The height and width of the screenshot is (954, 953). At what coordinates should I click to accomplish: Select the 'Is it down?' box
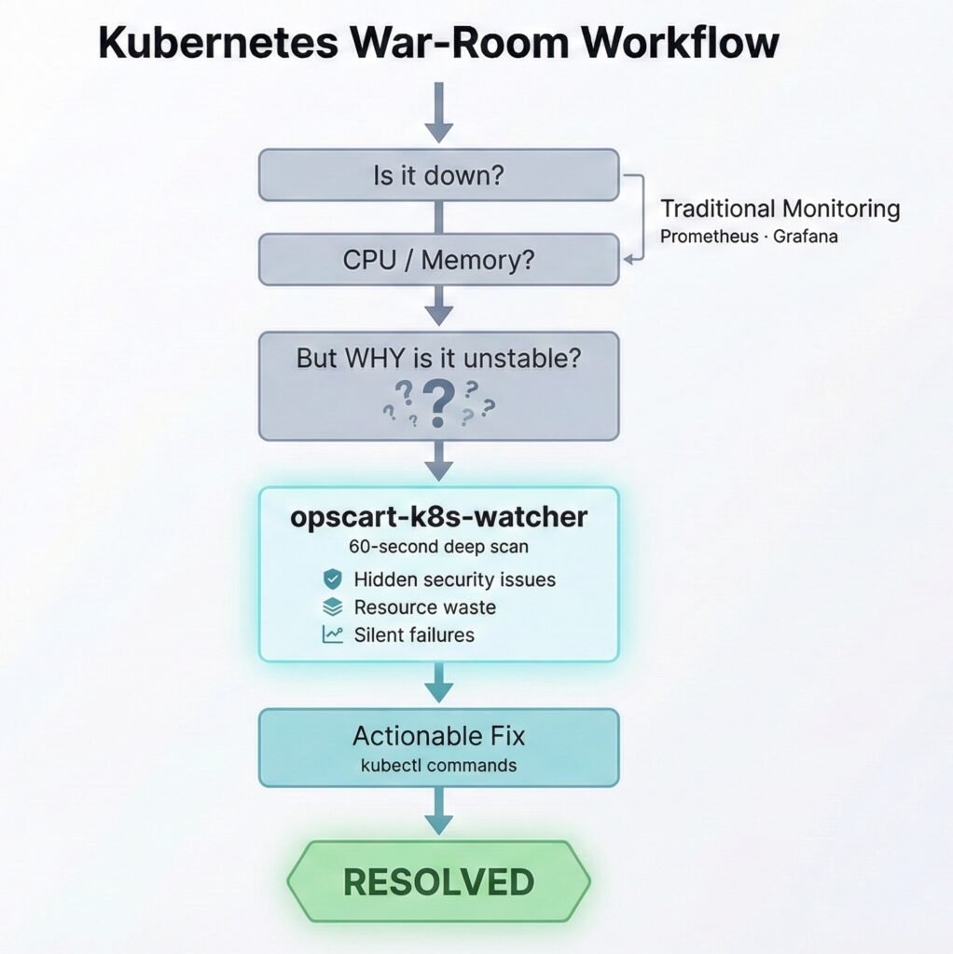point(438,175)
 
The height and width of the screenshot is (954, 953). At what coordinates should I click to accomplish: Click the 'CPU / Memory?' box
point(438,259)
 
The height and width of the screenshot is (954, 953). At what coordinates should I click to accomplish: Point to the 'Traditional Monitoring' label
point(780,208)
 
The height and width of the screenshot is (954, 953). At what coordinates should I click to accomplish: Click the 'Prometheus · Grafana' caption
point(748,236)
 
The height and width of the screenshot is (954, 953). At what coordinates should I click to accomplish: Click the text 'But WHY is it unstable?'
point(438,358)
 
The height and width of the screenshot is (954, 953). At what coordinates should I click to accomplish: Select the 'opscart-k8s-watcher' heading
point(439,518)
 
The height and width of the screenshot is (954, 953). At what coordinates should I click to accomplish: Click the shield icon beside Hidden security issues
point(332,579)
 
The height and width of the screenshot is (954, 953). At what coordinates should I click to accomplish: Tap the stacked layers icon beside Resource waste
point(332,607)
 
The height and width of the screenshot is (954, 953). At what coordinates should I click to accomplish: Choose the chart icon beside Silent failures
point(332,635)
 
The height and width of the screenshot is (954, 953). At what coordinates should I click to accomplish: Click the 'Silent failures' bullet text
point(414,635)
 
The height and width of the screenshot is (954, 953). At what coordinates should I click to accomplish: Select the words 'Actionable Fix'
point(438,736)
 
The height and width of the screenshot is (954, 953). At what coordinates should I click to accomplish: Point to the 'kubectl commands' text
point(437,766)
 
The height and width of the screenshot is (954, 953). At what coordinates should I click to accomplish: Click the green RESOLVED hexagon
point(438,881)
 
